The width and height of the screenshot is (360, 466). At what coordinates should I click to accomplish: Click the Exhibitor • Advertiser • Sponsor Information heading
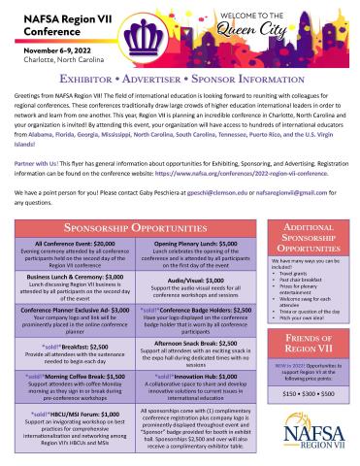point(180,75)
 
